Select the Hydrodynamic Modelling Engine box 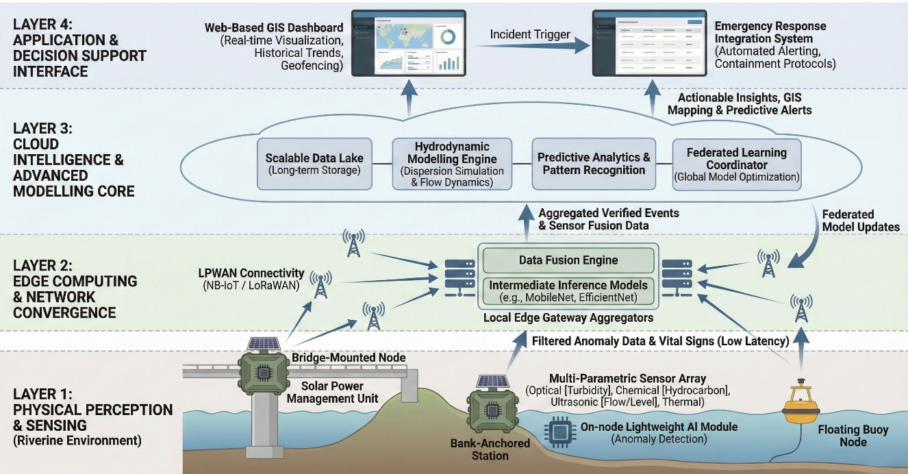tap(452, 164)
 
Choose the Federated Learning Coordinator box tap(736, 164)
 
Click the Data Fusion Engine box tap(568, 260)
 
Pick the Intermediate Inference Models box tap(568, 290)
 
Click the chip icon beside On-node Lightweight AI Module tap(554, 432)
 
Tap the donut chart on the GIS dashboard tap(449, 36)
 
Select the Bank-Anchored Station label tap(490, 449)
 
